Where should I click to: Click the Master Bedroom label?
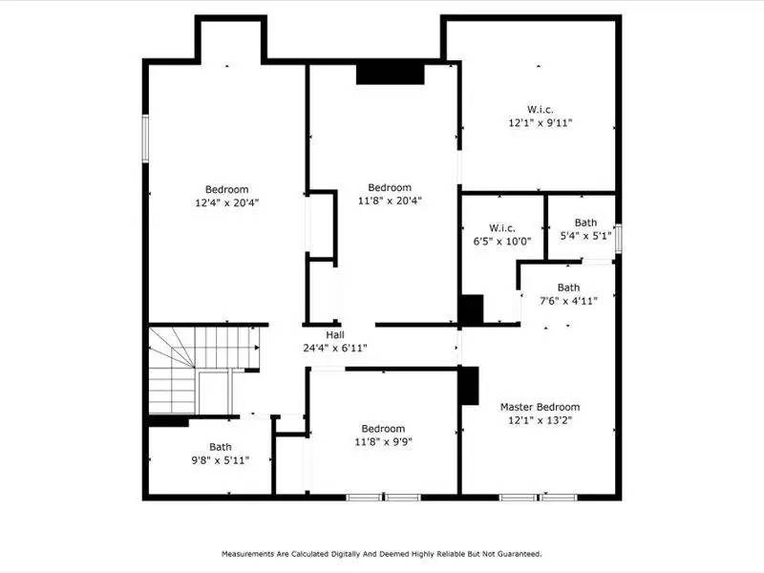[540, 407]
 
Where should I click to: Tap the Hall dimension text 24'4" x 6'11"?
[334, 348]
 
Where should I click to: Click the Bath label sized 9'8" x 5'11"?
[221, 446]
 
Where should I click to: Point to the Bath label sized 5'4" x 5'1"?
[585, 223]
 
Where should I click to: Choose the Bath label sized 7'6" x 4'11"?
[568, 287]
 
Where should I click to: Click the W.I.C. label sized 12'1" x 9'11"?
[541, 110]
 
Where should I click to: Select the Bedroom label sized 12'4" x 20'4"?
[226, 189]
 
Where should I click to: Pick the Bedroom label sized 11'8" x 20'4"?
[390, 187]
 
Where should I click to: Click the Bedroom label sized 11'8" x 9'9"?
[382, 429]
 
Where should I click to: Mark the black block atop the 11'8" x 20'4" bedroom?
[390, 74]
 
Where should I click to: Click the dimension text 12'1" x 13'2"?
[540, 420]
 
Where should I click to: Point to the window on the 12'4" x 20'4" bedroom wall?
[146, 139]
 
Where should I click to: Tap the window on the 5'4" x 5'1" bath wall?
[619, 235]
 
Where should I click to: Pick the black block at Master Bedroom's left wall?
[468, 387]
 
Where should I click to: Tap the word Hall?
[334, 335]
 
